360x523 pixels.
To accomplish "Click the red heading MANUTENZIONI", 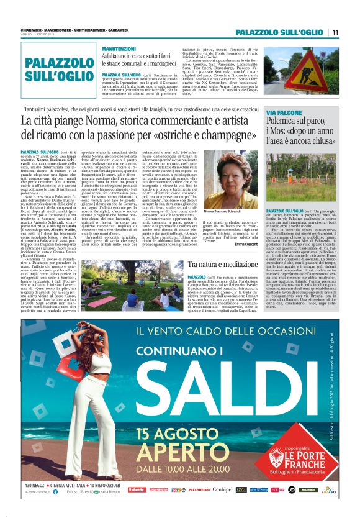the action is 119,48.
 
